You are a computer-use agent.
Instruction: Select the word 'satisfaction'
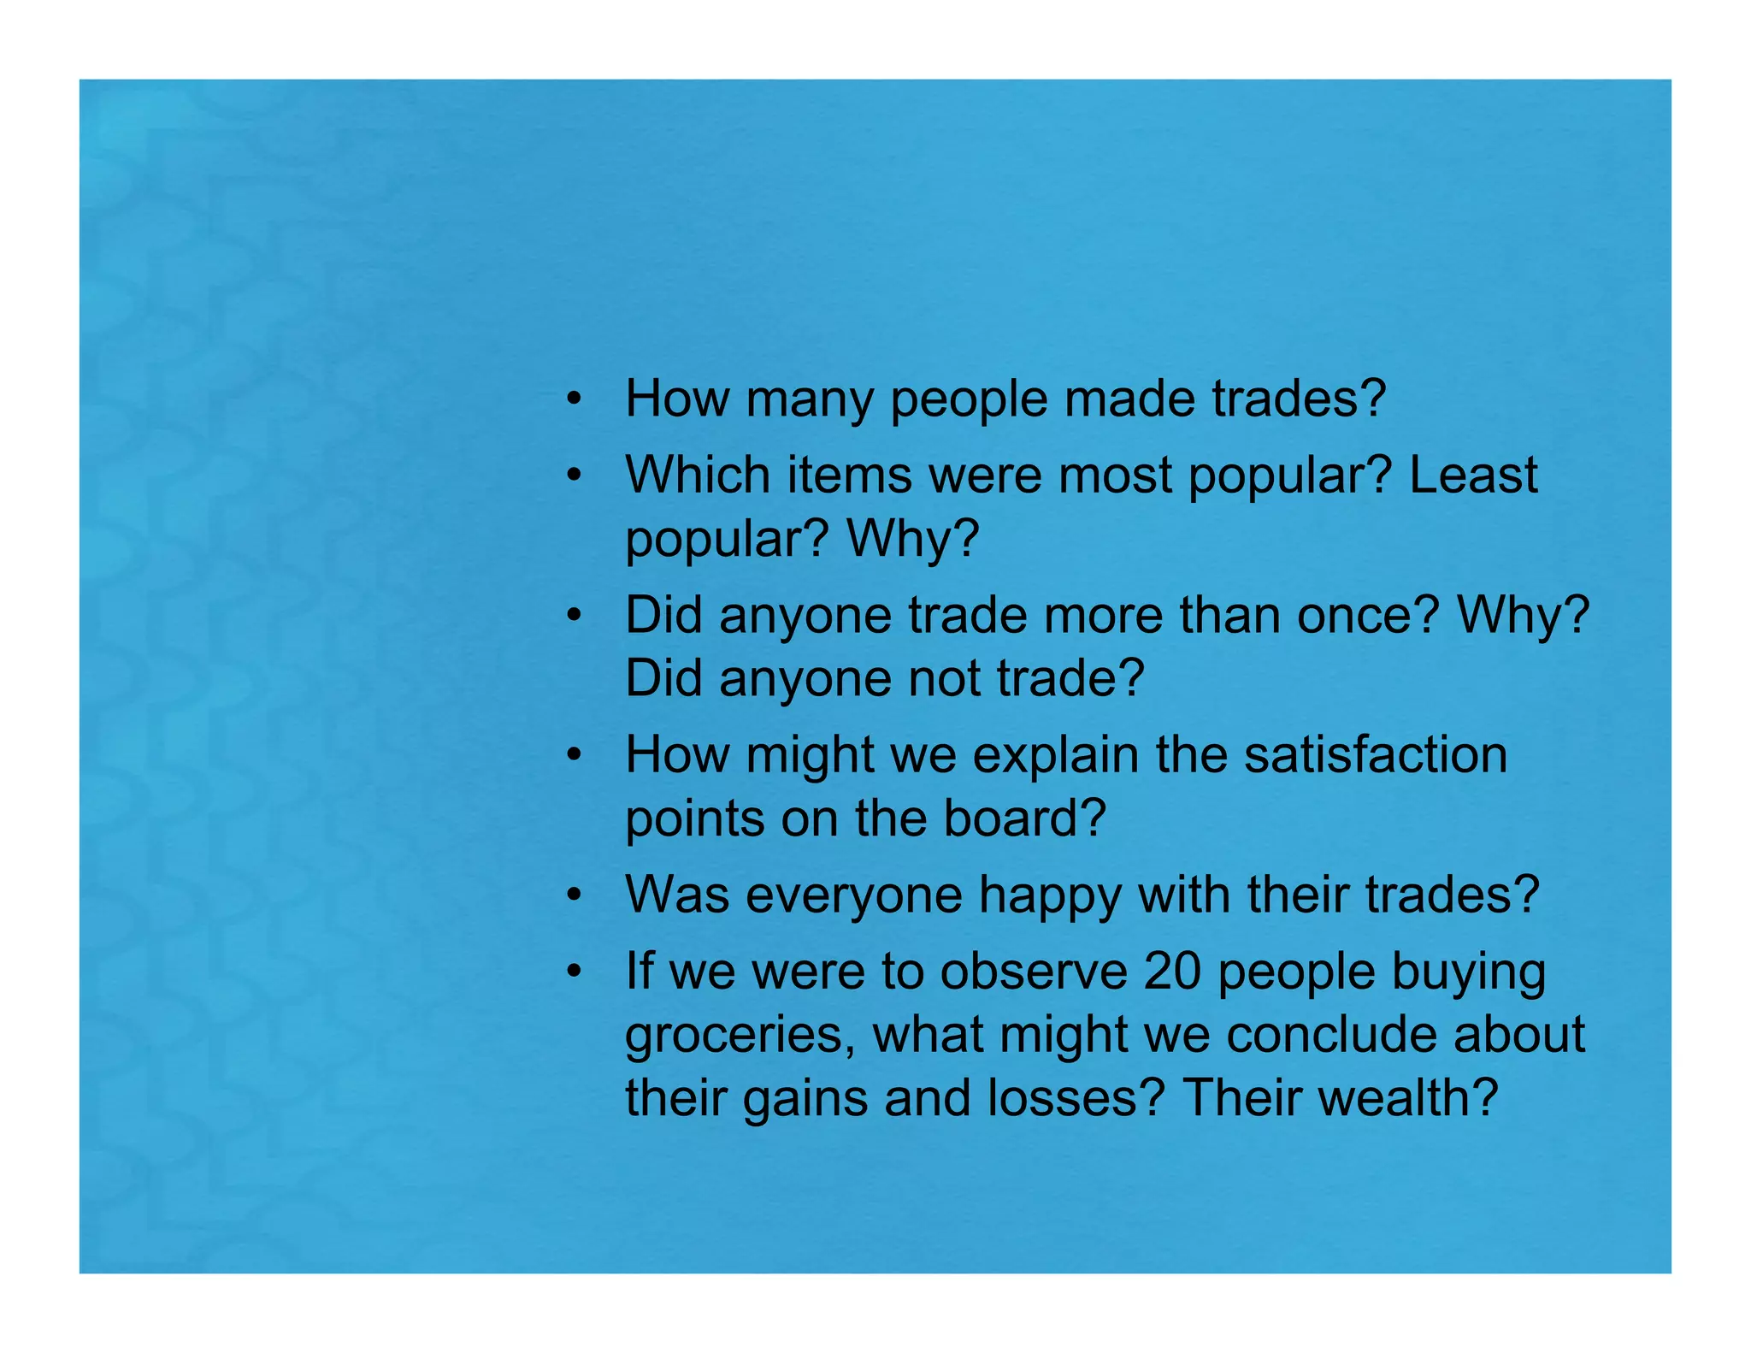point(1376,755)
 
